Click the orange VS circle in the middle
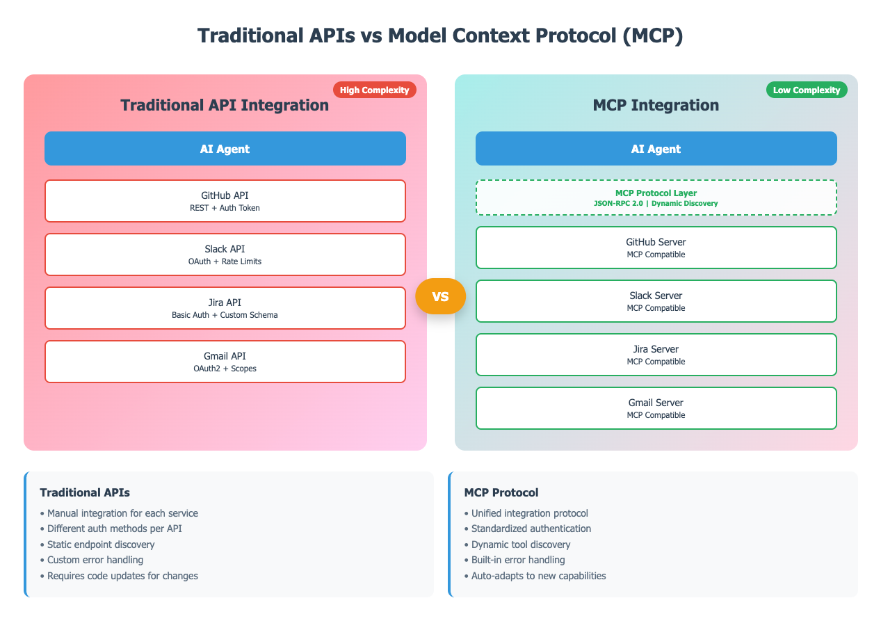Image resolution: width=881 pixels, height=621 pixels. click(440, 296)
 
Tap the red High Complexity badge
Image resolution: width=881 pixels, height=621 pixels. click(374, 90)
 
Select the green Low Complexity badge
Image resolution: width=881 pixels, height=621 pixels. click(806, 90)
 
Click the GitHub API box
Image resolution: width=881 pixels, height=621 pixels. click(225, 201)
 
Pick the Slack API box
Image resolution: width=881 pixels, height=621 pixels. click(225, 255)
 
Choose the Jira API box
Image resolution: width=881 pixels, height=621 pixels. click(225, 308)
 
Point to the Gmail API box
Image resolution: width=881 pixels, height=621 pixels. click(225, 362)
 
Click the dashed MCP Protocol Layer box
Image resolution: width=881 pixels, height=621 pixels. click(656, 197)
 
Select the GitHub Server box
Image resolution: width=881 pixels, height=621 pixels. click(656, 248)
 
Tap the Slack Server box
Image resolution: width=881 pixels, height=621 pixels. click(656, 301)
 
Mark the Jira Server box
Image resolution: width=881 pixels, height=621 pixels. click(656, 355)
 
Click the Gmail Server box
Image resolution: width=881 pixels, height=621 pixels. click(656, 408)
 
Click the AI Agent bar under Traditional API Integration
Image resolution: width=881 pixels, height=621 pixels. click(225, 149)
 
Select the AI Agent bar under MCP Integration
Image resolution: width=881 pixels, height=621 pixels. click(656, 149)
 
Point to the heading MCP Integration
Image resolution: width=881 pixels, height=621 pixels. click(656, 106)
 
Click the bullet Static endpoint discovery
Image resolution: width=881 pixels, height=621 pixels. click(101, 545)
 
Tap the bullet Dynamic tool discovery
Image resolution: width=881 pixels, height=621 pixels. click(521, 545)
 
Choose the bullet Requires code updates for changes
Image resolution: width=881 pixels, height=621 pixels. click(122, 576)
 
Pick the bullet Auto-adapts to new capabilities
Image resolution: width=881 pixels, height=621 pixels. click(538, 576)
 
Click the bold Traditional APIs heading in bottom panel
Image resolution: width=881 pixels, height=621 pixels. click(85, 492)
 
